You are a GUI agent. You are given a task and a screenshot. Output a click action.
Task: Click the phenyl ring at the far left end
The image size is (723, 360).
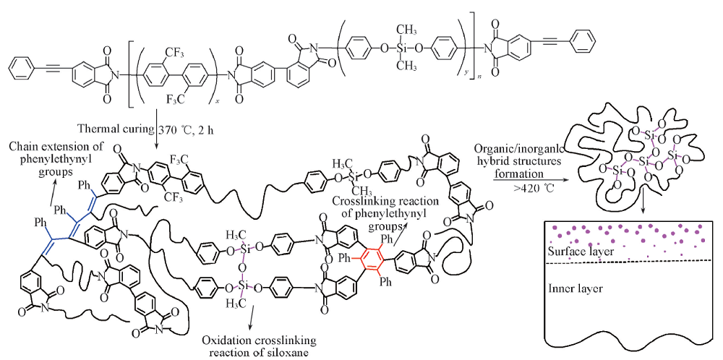[x=20, y=69]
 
